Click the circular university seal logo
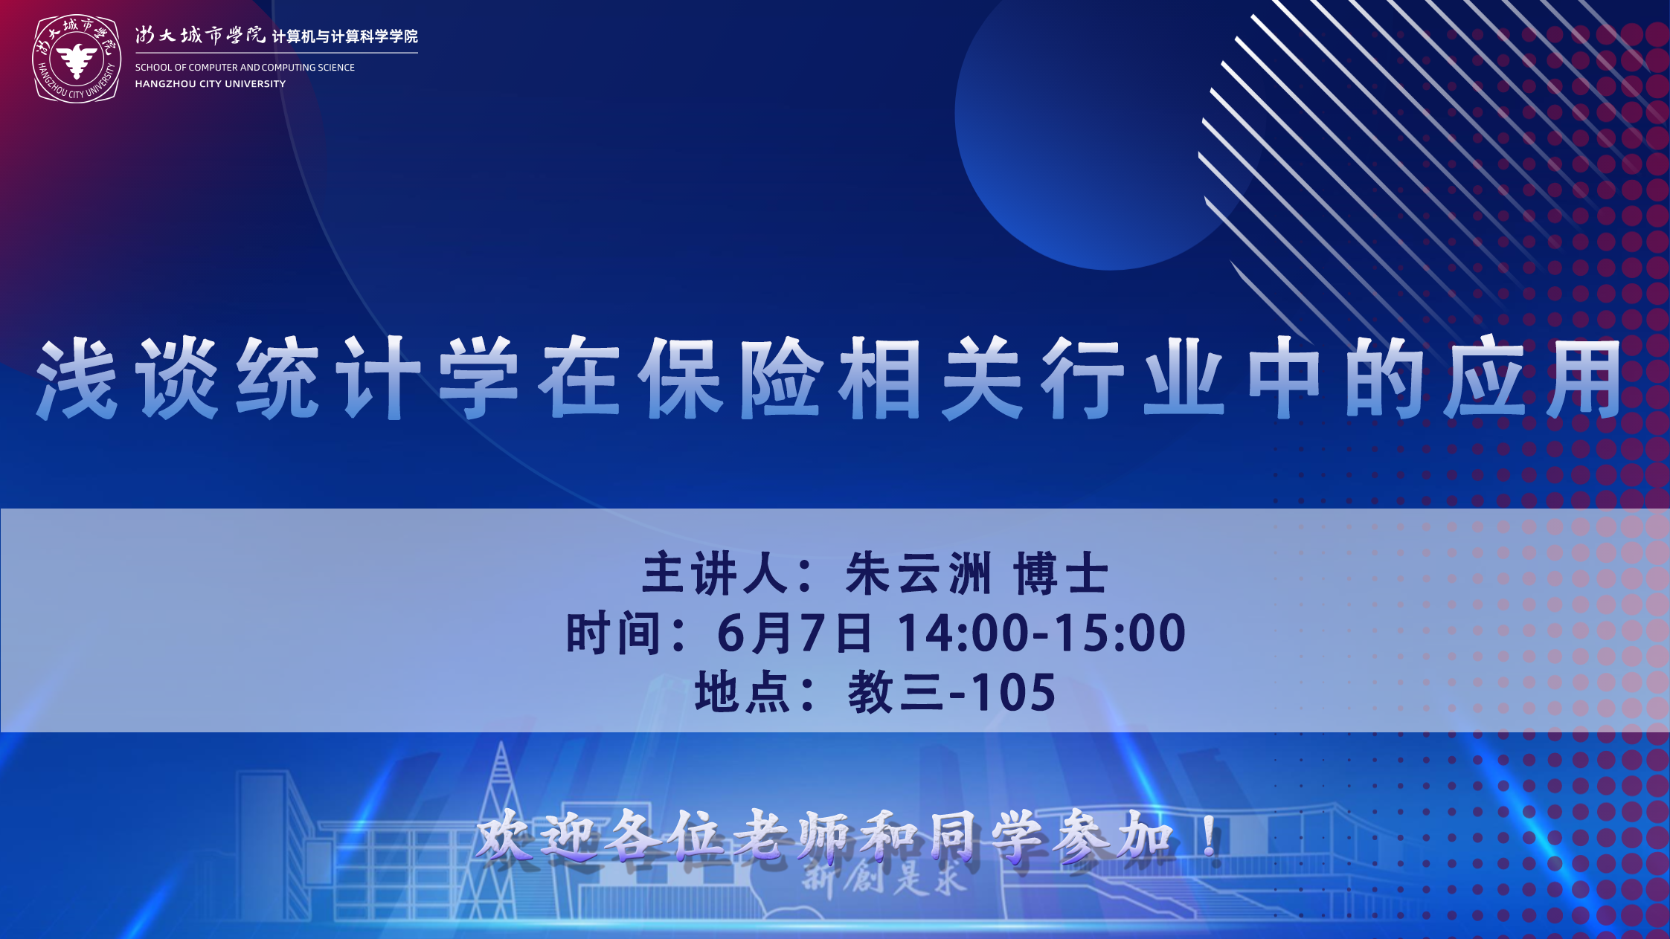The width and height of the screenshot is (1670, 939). pos(77,59)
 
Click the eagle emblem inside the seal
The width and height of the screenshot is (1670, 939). pos(77,60)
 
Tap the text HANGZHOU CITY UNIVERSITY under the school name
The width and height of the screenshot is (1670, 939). pos(210,84)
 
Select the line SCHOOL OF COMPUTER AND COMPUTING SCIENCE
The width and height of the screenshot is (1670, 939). pos(245,67)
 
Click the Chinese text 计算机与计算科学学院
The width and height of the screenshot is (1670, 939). pos(345,36)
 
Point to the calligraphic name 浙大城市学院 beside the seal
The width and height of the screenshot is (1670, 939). pos(200,35)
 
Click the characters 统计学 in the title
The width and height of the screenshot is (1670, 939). pos(378,378)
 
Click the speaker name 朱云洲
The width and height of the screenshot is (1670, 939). pos(918,573)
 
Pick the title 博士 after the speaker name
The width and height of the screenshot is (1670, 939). pos(1061,573)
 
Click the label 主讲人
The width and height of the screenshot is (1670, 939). pos(715,573)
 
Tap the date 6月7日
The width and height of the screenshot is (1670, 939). pos(794,633)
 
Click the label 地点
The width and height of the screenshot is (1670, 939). pos(742,692)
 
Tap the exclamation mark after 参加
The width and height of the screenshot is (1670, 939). pos(1210,836)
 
